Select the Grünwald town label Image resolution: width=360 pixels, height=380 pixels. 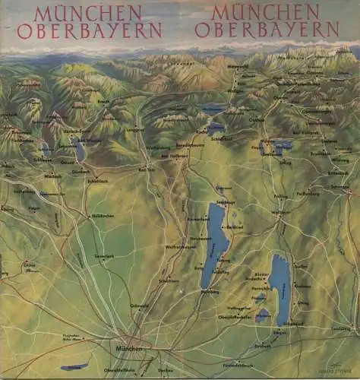pos(140,306)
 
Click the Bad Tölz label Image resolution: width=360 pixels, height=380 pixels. pos(147,169)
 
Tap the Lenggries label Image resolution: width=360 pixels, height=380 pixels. pos(136,129)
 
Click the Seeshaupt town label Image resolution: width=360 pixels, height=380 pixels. pos(223,201)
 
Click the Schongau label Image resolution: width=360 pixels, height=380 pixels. pos(340,187)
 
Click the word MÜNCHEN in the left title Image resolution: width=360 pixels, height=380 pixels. pos(87,14)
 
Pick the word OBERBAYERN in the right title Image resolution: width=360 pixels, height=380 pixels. pos(267,30)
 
